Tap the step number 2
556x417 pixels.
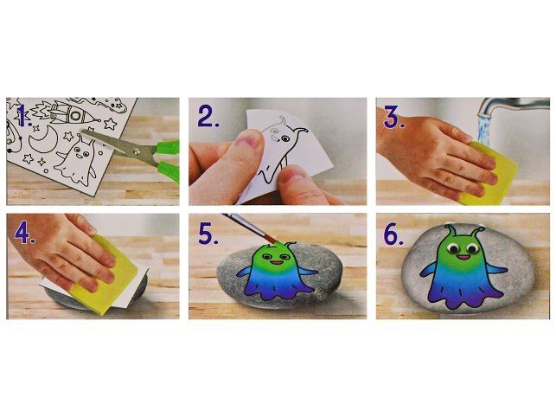pos(208,117)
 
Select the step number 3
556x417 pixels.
pos(394,117)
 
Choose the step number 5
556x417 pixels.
pos(208,234)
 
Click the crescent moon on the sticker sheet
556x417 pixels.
pos(42,139)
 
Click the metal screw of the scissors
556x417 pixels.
pos(137,151)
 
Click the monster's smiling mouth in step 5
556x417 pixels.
pos(278,263)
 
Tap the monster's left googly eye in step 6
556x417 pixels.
pos(453,247)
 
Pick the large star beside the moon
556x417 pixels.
pos(111,124)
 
